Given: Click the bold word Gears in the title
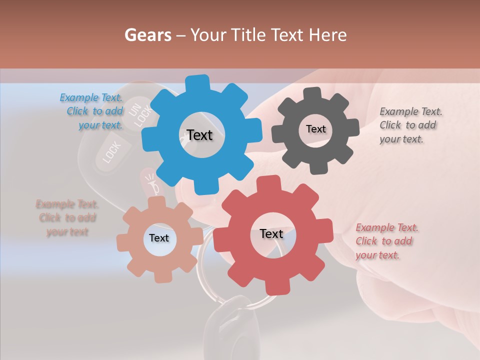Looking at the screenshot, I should (x=147, y=35).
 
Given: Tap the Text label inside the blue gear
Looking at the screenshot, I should (x=199, y=135).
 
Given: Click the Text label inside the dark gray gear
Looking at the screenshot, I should (x=315, y=129).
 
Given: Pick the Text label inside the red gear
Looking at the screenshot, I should (x=271, y=233).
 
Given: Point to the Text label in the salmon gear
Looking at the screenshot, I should (x=159, y=238).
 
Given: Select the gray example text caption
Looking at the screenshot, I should (x=410, y=125).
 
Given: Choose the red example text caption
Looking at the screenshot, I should (x=386, y=241).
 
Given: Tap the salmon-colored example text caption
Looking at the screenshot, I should (x=67, y=217).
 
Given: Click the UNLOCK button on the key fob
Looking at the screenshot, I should (x=140, y=114).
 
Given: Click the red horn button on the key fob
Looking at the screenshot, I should (x=151, y=183).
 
